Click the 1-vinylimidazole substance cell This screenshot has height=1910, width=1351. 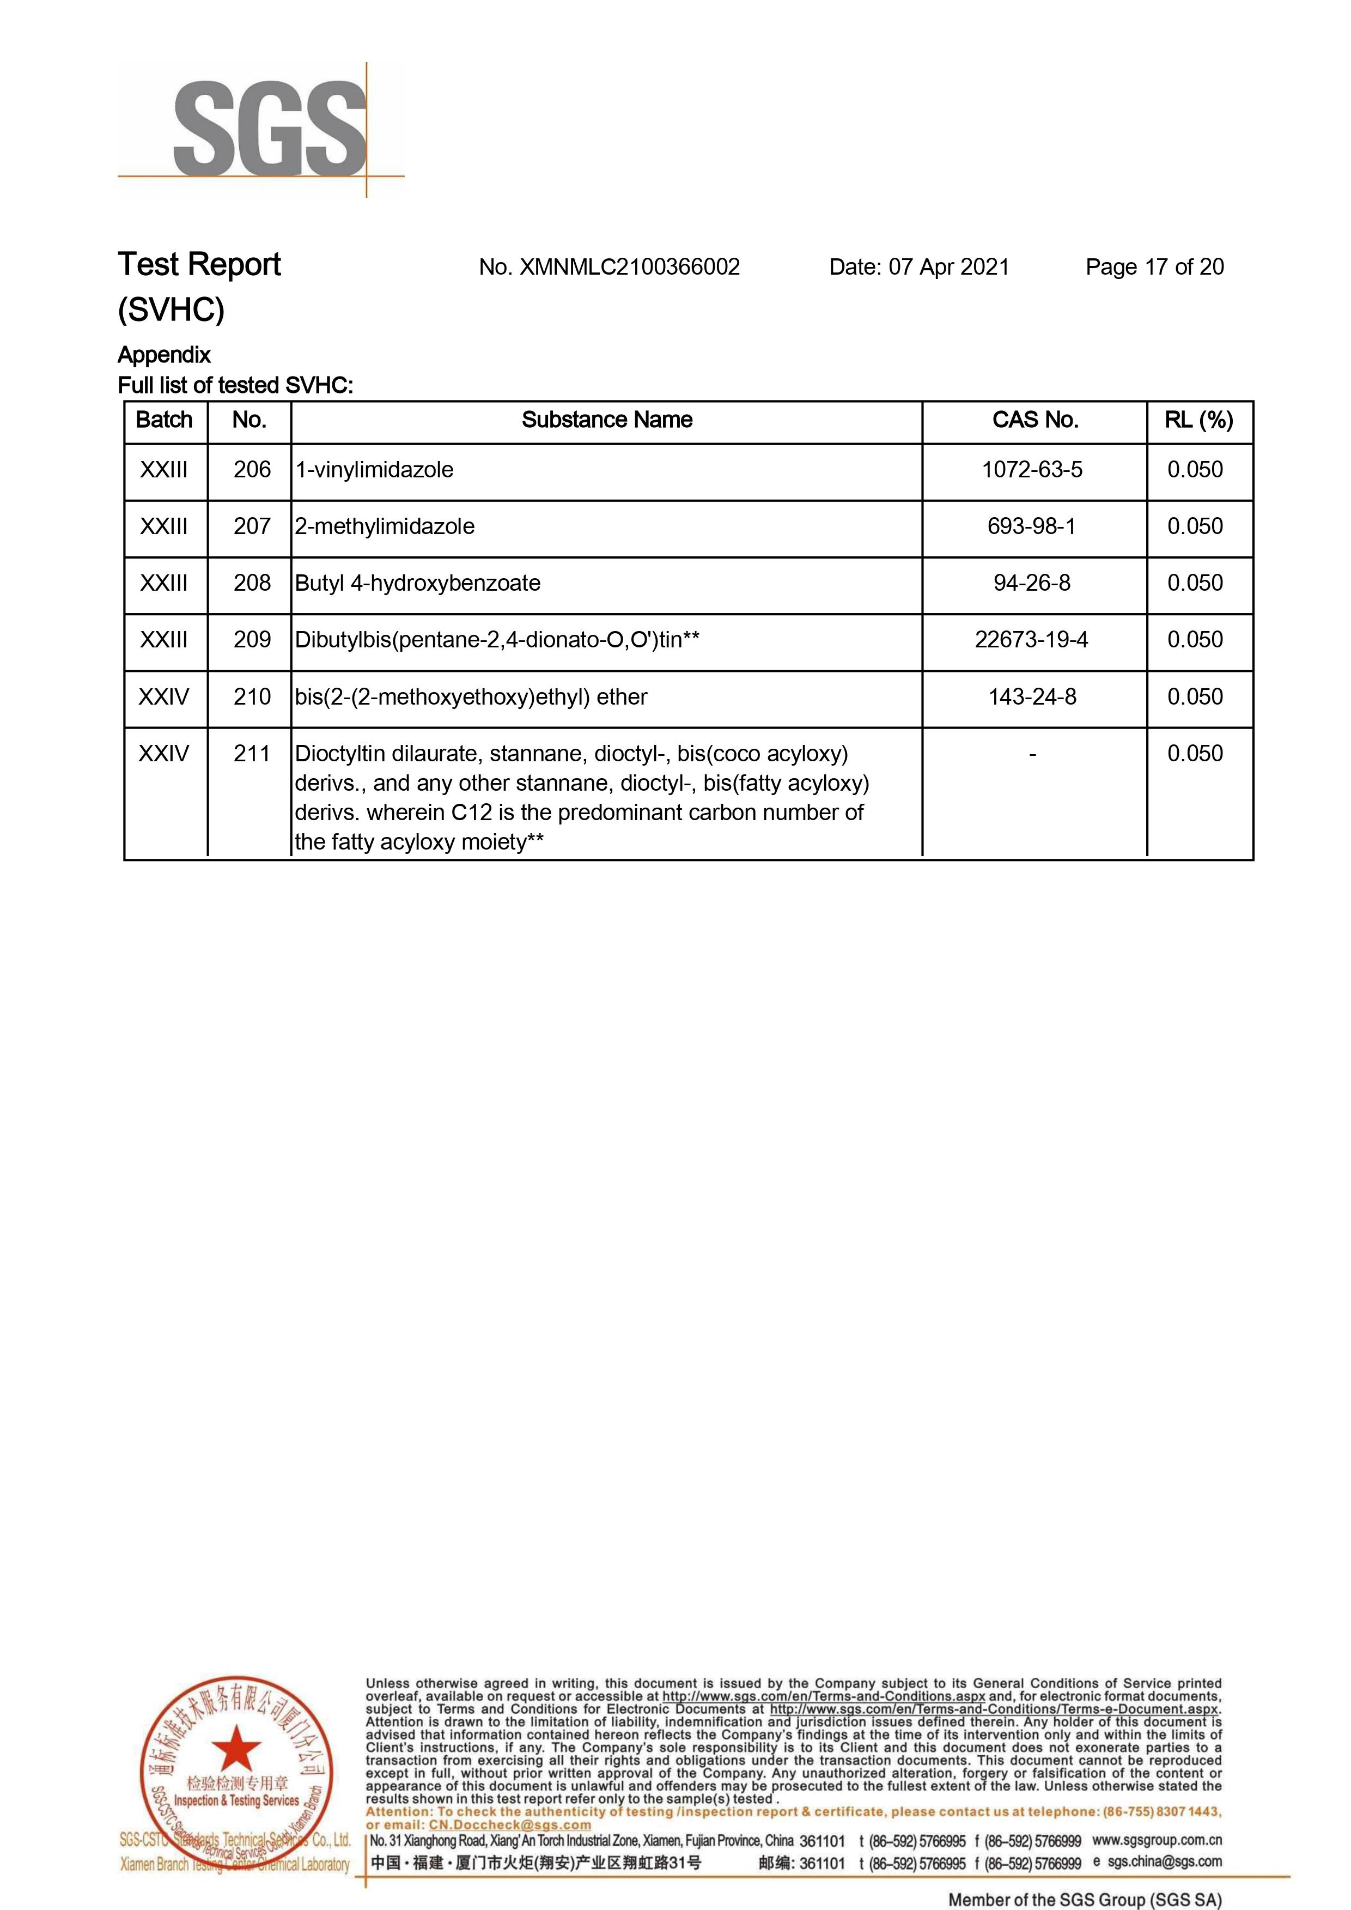coord(374,470)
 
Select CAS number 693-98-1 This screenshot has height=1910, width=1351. coord(1032,527)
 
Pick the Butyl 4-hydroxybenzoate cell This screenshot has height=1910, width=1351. coord(418,584)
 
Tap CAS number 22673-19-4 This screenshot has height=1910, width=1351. coord(1032,640)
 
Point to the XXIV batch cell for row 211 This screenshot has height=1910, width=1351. coord(164,754)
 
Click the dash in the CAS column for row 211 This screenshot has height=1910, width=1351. coord(1032,754)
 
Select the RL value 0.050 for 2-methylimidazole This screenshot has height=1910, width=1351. coord(1195,527)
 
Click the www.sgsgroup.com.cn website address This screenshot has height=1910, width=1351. coord(1157,1840)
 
